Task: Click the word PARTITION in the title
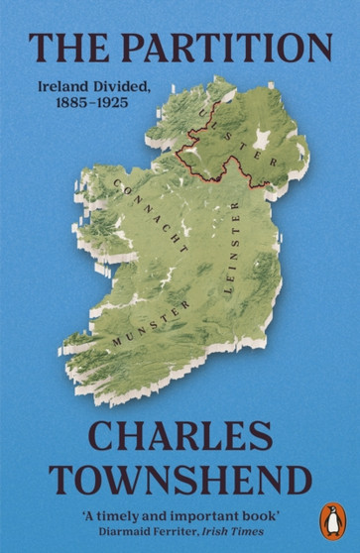point(219,49)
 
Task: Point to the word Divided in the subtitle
point(119,88)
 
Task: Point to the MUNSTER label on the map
point(150,326)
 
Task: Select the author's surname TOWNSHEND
point(180,478)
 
